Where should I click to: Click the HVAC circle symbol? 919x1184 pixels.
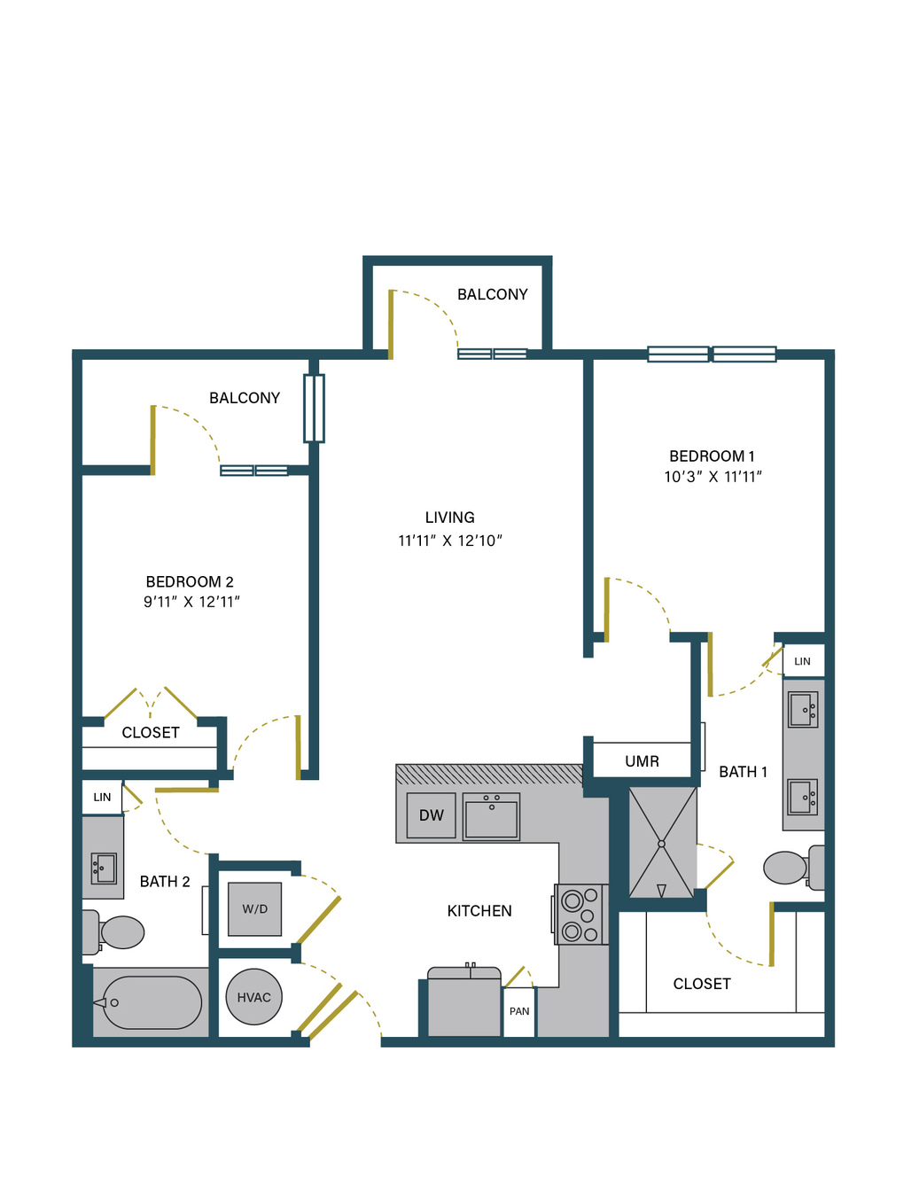[253, 998]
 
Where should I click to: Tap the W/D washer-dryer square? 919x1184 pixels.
[254, 909]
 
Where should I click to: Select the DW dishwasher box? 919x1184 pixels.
[431, 815]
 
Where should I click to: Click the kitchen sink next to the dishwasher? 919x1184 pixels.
[491, 816]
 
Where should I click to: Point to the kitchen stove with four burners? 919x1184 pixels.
[580, 915]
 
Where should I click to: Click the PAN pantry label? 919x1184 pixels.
[519, 1011]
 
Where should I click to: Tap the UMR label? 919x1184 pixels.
[642, 761]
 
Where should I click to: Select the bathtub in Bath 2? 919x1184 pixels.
[152, 1002]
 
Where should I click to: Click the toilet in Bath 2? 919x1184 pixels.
[113, 932]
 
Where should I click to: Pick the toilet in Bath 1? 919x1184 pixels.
[794, 868]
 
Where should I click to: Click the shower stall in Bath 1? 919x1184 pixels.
[662, 843]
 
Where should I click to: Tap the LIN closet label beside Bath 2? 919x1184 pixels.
[102, 797]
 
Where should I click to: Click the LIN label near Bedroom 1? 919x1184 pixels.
[802, 661]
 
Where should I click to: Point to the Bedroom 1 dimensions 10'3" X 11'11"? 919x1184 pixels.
[713, 477]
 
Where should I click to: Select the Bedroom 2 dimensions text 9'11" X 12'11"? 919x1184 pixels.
[191, 602]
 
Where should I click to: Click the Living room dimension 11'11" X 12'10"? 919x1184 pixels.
[450, 541]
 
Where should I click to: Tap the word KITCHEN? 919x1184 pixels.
[479, 911]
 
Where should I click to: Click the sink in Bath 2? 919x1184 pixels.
[104, 869]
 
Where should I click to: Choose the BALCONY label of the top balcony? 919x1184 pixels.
[493, 295]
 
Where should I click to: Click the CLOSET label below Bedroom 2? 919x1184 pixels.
[151, 733]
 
